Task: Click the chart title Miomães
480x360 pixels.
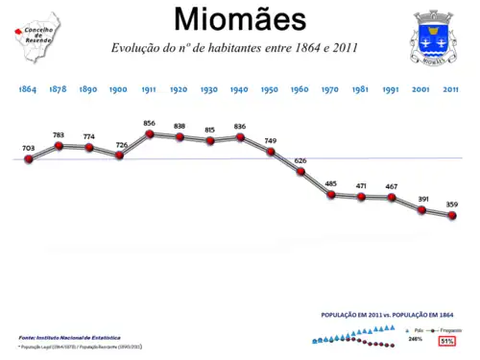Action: (240, 18)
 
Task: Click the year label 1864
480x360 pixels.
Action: (28, 88)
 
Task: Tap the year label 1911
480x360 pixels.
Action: (149, 88)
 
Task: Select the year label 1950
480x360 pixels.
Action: (270, 88)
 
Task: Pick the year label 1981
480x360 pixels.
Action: (360, 88)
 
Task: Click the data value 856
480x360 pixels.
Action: (149, 123)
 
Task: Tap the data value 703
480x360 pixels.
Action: (29, 148)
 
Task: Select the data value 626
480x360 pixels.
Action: (300, 160)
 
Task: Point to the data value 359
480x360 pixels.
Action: (451, 204)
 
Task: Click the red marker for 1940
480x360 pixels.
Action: (240, 137)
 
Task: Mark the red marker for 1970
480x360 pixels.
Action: (330, 194)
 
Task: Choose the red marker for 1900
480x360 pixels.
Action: (119, 155)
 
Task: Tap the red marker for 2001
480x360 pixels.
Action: (421, 209)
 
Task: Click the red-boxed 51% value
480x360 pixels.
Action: (446, 340)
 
